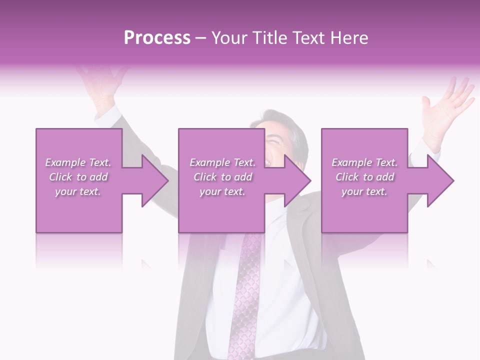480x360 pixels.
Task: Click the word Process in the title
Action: pos(157,38)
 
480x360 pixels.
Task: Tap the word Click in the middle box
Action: pos(205,177)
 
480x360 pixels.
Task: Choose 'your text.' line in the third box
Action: pos(364,191)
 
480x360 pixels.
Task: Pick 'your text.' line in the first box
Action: pos(78,191)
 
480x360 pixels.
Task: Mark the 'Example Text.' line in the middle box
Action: pos(222,162)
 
